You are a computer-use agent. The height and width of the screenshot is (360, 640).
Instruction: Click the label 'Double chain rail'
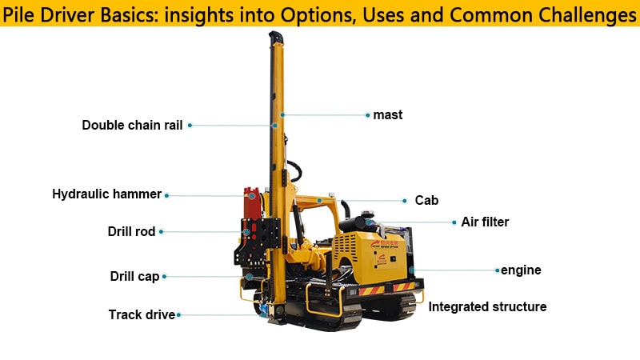tap(132, 125)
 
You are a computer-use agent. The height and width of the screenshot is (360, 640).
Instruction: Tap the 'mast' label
tap(388, 115)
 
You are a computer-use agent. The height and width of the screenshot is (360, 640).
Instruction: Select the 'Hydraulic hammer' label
tap(106, 194)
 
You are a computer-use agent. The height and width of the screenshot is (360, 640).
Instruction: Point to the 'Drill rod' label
tap(131, 232)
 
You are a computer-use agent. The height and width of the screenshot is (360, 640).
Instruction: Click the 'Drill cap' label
tap(134, 277)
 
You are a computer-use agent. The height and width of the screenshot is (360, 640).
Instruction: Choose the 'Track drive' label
tap(141, 315)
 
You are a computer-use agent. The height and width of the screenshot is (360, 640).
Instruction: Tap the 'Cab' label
tap(426, 201)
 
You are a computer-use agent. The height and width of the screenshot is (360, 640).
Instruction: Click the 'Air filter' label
tap(485, 222)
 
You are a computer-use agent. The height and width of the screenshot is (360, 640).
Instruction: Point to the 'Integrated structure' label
tap(487, 307)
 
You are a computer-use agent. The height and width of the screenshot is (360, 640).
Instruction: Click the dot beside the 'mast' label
tap(367, 115)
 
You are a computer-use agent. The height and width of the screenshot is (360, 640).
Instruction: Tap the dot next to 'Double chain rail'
tap(190, 125)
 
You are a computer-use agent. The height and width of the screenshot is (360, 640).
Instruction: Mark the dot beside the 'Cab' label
tap(405, 201)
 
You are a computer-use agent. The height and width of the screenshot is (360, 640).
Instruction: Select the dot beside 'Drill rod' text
tap(162, 232)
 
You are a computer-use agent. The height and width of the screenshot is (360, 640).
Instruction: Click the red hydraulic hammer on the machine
tap(253, 205)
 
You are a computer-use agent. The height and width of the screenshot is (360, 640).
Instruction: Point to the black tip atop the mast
tap(274, 38)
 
